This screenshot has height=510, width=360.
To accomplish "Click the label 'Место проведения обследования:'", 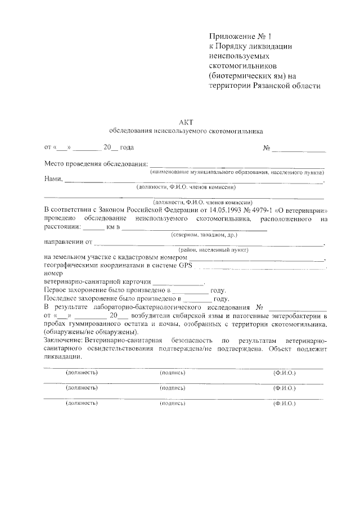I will coord(95,164).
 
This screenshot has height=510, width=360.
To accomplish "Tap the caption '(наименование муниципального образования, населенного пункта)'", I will coord(237,172).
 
